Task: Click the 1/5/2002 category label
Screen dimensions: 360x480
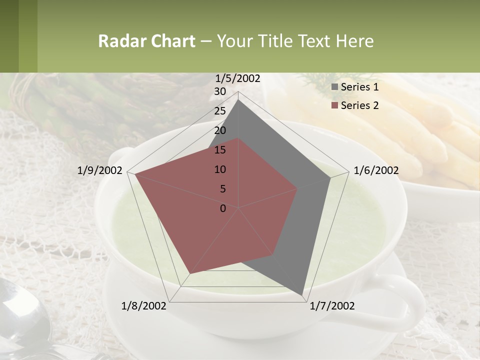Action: [x=238, y=78]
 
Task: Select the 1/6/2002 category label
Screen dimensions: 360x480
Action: [x=376, y=170]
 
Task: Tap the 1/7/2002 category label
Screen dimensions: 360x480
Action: [x=332, y=305]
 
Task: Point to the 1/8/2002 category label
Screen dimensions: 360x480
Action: [x=144, y=305]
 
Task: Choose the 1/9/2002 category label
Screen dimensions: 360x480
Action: [x=100, y=170]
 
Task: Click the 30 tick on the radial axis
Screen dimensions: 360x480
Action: [x=220, y=91]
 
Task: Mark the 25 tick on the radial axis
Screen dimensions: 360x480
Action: [x=220, y=111]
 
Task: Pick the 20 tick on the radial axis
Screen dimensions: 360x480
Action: [x=220, y=130]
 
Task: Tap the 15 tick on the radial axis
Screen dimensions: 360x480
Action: [x=220, y=150]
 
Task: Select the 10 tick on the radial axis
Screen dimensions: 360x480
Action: [x=220, y=169]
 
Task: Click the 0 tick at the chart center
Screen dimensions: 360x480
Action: [x=223, y=208]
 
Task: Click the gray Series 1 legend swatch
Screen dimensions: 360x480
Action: [x=335, y=87]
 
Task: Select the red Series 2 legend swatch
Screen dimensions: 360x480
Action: [x=335, y=105]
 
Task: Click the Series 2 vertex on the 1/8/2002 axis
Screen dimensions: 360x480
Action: [x=190, y=273]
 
